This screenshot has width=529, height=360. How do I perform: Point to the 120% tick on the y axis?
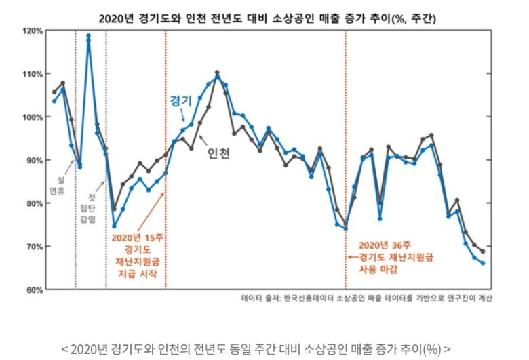point(33,31)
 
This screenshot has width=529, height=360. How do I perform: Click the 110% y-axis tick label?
point(33,74)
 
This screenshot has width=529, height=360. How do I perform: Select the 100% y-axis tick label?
point(33,117)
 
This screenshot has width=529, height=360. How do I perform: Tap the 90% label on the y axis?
point(34,161)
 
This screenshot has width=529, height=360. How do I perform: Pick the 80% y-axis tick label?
point(34,203)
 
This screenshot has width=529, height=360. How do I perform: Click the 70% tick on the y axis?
point(34,247)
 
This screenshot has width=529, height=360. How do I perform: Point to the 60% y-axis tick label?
point(34,290)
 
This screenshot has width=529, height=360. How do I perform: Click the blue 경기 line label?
point(180,100)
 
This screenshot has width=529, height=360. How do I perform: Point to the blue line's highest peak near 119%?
point(88,35)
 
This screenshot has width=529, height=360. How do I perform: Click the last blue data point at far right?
point(482,263)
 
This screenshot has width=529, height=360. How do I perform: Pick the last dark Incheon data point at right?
point(482,252)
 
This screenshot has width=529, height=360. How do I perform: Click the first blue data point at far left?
point(54,101)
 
